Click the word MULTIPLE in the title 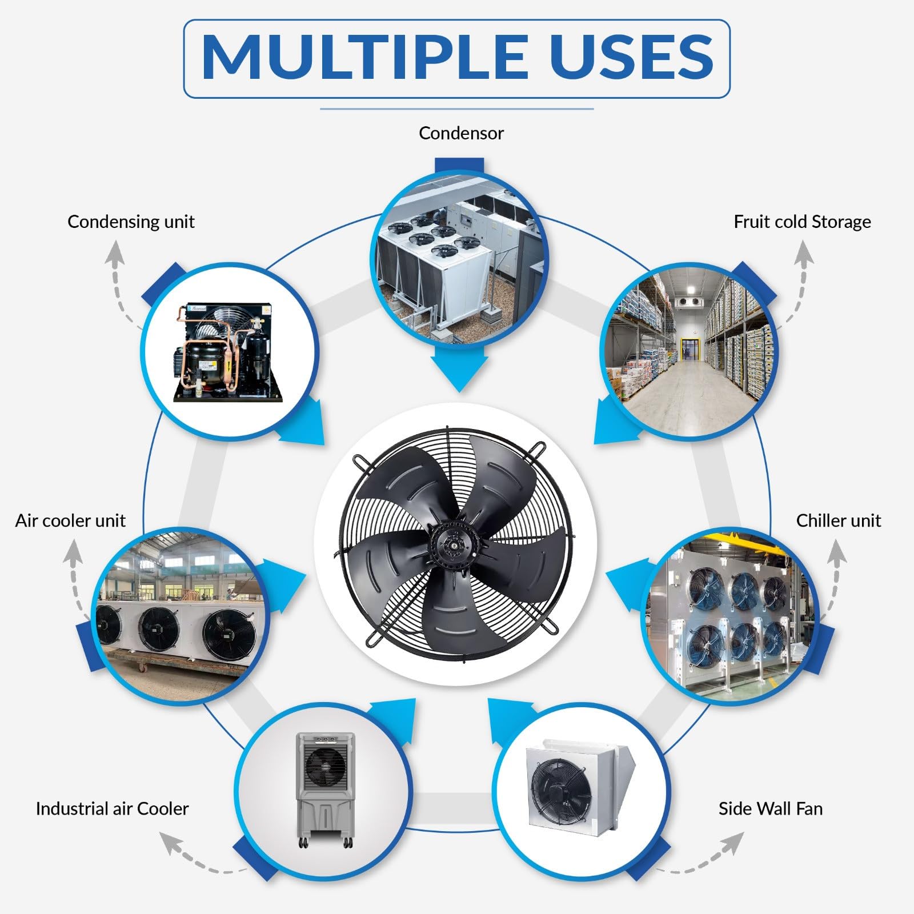[366, 57]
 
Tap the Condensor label [461, 133]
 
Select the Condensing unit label [131, 222]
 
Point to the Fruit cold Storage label [802, 222]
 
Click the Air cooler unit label [70, 520]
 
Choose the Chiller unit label [838, 520]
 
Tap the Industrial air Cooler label [112, 809]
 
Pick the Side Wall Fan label [770, 809]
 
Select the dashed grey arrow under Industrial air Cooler [200, 857]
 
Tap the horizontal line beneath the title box [457, 109]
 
